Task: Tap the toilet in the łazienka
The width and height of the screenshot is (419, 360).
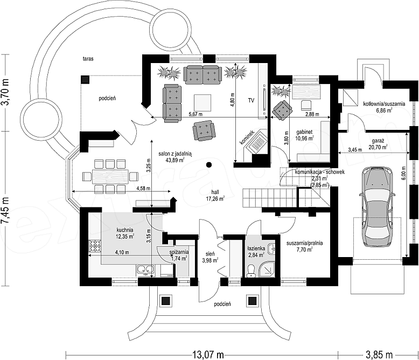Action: click(x=250, y=271)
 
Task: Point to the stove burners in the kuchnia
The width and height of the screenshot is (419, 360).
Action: click(x=95, y=247)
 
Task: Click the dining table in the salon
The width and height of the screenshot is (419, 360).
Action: click(x=110, y=176)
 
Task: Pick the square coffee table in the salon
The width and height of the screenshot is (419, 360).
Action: click(x=202, y=103)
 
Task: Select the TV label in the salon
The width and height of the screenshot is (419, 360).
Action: click(x=251, y=101)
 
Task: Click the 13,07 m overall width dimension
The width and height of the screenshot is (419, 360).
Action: click(x=208, y=355)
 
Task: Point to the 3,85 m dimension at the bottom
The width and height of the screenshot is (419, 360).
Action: click(x=379, y=355)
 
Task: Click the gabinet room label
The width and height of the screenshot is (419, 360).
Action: click(x=304, y=132)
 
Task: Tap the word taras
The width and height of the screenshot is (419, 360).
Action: click(x=88, y=59)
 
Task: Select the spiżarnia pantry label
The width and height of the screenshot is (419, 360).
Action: click(x=179, y=252)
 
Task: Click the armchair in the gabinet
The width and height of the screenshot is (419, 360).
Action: click(x=282, y=110)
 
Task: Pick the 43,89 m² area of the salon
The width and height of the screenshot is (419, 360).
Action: click(x=175, y=160)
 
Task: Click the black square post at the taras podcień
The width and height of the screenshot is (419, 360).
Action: click(x=85, y=80)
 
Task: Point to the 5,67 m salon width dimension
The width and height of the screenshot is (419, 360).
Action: click(x=195, y=114)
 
